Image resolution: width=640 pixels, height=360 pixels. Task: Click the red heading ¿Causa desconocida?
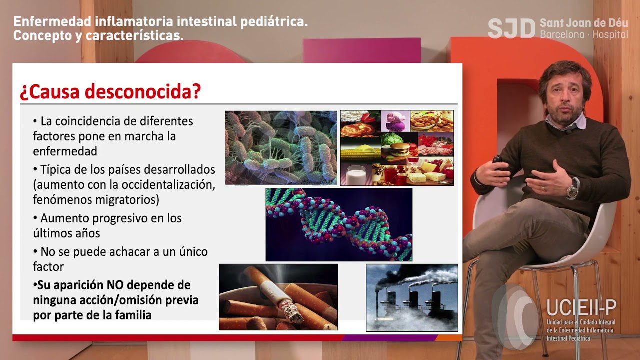[x=110, y=92]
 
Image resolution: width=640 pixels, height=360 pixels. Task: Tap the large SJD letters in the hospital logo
[x=511, y=28]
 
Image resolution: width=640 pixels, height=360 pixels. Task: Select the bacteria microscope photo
[x=281, y=148]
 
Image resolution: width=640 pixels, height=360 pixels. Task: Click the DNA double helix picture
[x=339, y=224]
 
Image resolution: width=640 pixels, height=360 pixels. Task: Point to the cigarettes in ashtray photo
[x=278, y=297]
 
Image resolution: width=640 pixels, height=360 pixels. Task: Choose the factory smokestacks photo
[x=412, y=297]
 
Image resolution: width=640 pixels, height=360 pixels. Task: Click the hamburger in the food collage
[x=399, y=148]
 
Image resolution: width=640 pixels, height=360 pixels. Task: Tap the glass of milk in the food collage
[x=356, y=175]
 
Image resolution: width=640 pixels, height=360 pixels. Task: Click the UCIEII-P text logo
[x=581, y=307]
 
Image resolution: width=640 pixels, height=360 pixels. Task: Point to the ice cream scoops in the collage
[x=395, y=121]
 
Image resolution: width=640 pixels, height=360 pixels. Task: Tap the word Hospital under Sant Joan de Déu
[x=610, y=35]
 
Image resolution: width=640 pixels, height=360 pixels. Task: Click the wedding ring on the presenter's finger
[x=543, y=188]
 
